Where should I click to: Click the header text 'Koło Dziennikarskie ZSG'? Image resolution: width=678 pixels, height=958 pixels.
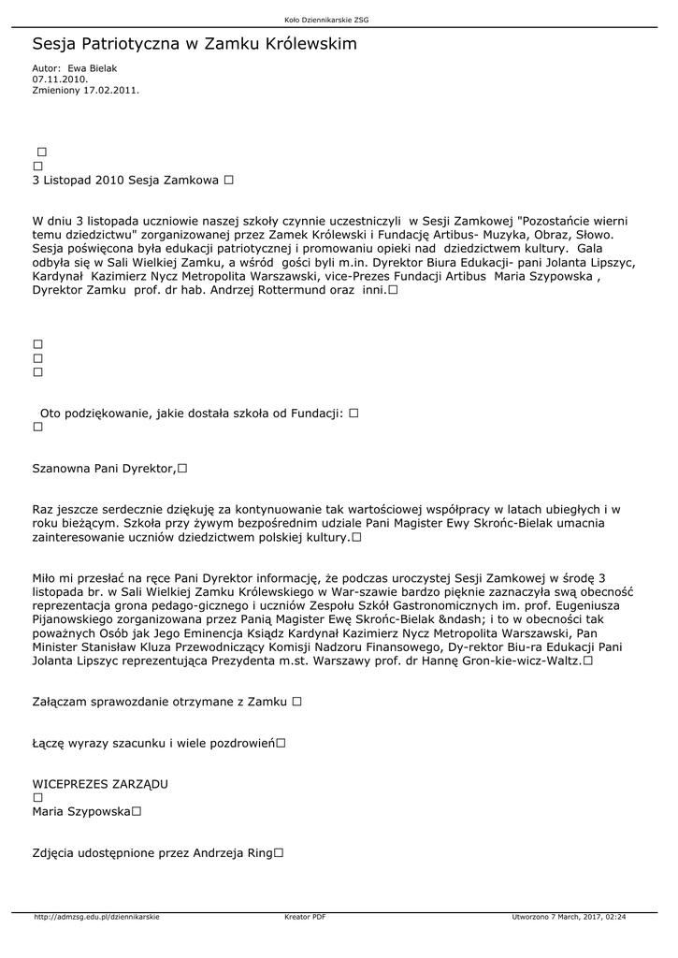coord(339,20)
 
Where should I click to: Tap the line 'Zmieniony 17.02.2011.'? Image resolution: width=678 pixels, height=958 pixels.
coord(85,91)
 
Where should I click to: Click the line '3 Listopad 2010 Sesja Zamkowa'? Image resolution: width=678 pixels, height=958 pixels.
coord(125,179)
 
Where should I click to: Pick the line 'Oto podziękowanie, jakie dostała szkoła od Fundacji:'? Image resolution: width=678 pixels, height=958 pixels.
coord(192,413)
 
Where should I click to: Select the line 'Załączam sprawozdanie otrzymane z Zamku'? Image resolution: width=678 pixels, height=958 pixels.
coord(160,701)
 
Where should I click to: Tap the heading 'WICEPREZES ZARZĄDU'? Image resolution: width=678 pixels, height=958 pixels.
coord(100,783)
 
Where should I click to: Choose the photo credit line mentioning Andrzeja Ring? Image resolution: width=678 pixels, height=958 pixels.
coord(151,852)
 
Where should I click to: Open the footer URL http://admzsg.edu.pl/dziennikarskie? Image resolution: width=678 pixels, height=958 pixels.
coord(96,917)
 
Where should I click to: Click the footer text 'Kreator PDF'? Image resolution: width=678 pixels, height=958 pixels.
coord(305,917)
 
